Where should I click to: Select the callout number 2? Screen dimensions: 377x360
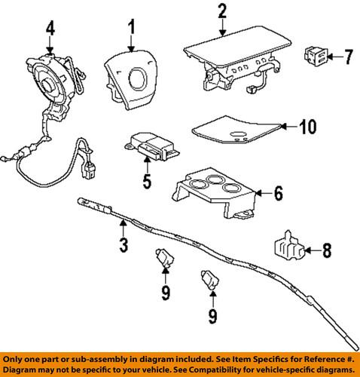[221, 11]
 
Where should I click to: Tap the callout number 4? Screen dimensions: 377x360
[50, 29]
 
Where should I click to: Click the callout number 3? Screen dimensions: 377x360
[124, 244]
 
